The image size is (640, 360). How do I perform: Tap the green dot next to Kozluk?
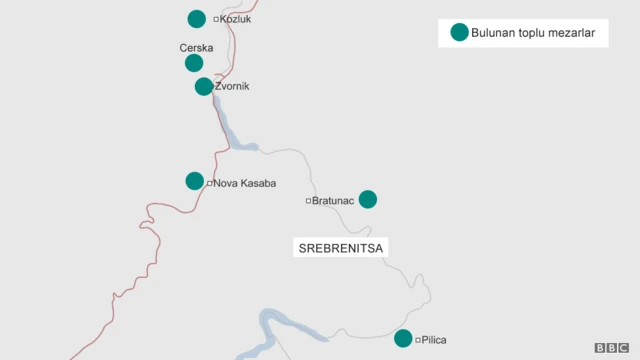pos(197,18)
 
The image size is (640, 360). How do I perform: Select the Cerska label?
pos(196,47)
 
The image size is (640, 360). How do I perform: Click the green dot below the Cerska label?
pos(194,63)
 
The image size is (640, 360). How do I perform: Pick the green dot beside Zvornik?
pos(204,86)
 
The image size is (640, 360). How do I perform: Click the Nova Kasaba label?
pos(244,183)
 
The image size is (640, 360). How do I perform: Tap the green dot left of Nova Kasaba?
pos(195,181)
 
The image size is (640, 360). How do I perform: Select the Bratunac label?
pos(334,201)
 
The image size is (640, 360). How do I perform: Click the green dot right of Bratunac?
pos(368,199)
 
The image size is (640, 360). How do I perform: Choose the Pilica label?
pos(434,340)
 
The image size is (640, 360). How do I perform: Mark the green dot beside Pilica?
pos(403,338)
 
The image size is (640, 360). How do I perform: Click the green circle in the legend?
pos(459,33)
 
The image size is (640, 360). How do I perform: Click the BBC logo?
pos(611,347)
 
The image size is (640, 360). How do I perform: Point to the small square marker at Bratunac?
pos(309,201)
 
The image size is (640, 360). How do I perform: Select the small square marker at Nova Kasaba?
pos(210,183)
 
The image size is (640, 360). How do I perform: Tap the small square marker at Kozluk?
pos(215,19)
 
